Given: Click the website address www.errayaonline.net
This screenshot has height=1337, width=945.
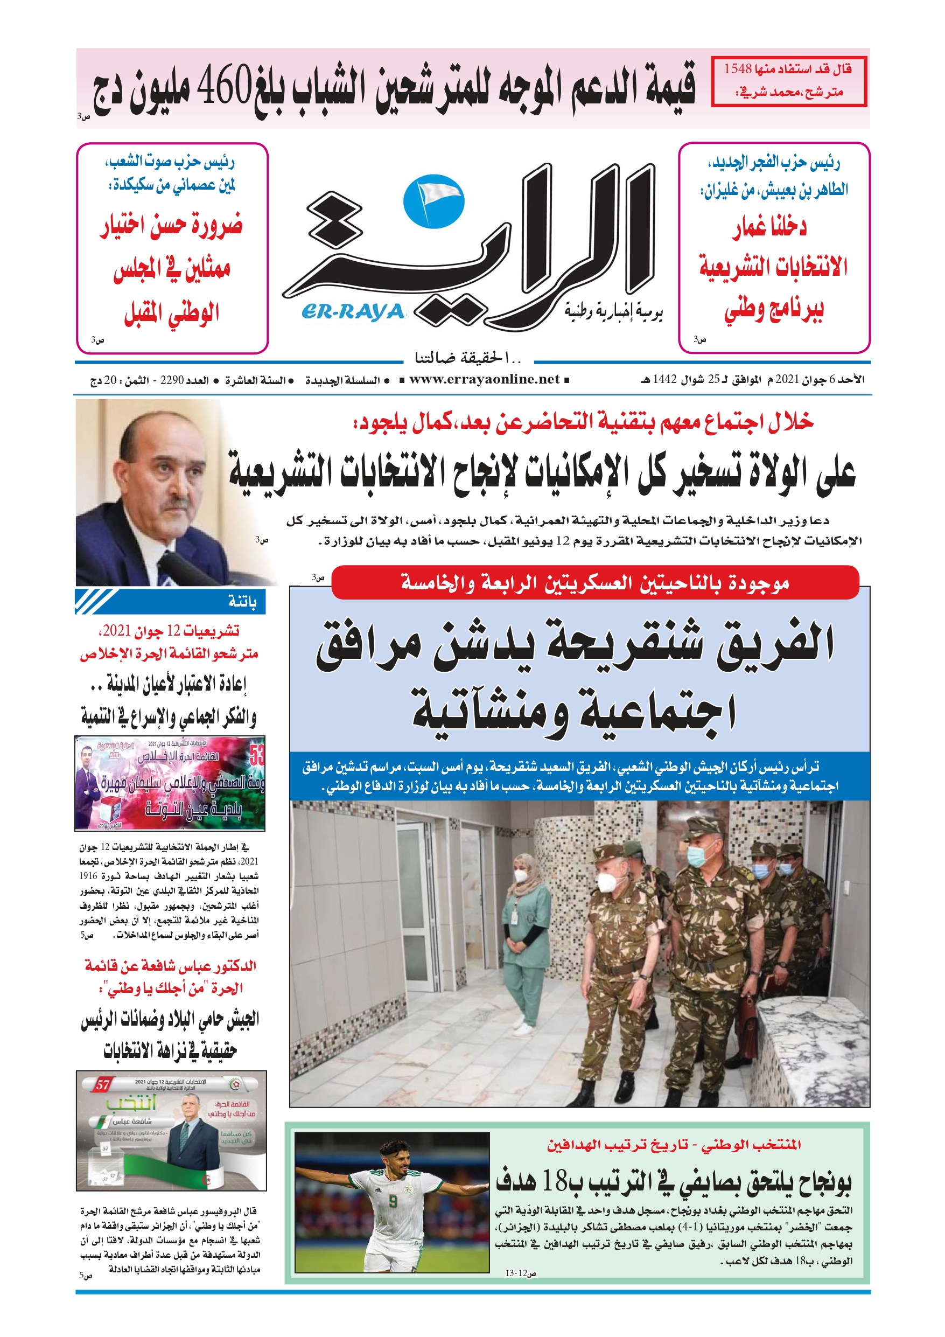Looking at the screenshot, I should pos(484,380).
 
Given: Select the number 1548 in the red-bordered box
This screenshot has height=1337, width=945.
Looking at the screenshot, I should pos(738,69).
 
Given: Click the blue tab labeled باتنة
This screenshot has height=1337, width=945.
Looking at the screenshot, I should pos(242,602).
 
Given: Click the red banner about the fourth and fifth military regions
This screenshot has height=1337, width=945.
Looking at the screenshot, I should pos(594,582).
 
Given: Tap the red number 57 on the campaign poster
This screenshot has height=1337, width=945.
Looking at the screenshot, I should pos(102,1085).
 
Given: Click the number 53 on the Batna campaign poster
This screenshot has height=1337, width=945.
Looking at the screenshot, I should pos(257,756).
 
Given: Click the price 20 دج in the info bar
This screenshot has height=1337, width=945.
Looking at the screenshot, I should pos(103,381).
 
